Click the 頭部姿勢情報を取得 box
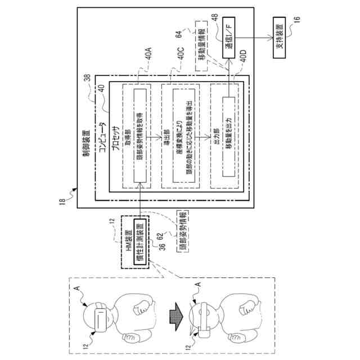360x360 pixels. (x=139, y=134)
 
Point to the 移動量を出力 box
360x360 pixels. (x=227, y=134)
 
